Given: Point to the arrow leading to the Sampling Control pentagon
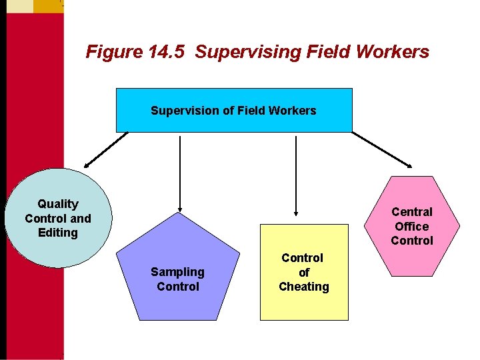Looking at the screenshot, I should point(180,173).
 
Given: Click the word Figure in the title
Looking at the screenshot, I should point(109,52).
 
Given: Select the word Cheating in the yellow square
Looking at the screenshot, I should point(304,287).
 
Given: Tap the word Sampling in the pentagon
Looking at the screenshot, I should point(177,272).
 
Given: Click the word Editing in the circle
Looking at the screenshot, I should point(58,233).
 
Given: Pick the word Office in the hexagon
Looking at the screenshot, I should point(411,226).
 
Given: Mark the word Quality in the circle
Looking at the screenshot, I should point(58,204).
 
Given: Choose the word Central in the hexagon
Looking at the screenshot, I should point(412,212).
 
